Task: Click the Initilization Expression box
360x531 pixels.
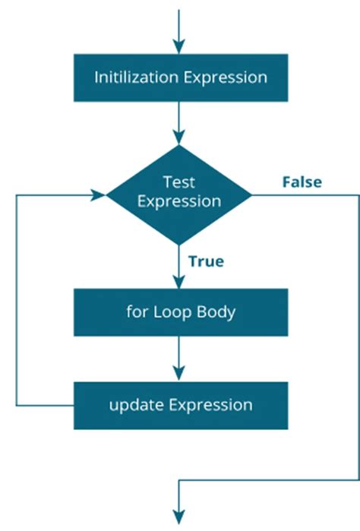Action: pos(180,77)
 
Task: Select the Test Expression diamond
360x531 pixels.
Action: pos(179,194)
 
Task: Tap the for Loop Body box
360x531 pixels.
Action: pos(180,311)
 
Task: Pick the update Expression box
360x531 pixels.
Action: pos(180,405)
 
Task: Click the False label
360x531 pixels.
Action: pos(302,182)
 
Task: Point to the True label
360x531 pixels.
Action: pos(206,261)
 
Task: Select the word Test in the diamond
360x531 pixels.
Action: pos(179,182)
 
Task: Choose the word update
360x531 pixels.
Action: pos(133,405)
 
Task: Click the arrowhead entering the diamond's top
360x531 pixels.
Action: pos(179,138)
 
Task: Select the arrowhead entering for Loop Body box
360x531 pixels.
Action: pos(179,281)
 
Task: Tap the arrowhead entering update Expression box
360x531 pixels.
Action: pos(179,374)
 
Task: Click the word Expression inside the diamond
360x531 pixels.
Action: pos(179,202)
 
